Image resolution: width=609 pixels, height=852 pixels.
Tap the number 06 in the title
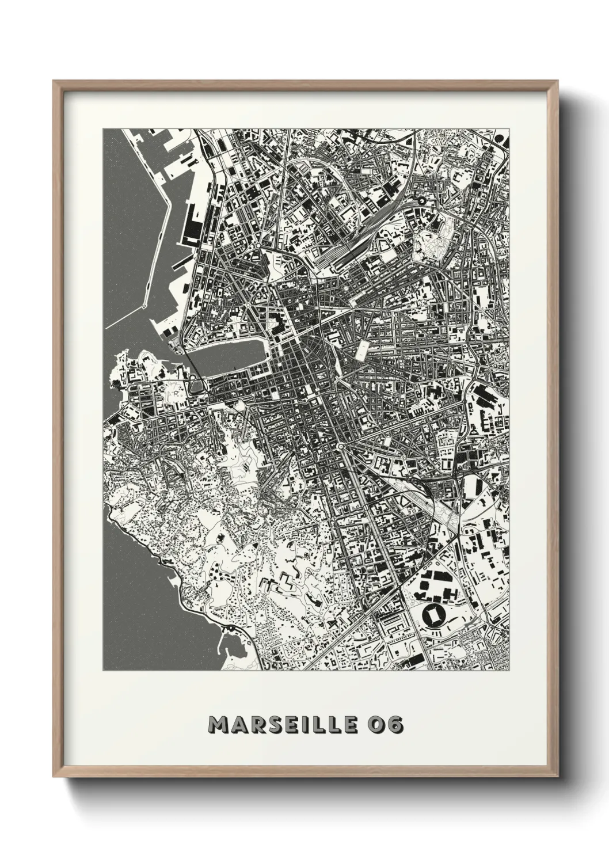[x=385, y=724]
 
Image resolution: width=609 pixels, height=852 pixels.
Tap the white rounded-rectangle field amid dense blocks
[x=363, y=349]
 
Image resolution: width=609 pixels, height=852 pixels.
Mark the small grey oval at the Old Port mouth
[x=197, y=382]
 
